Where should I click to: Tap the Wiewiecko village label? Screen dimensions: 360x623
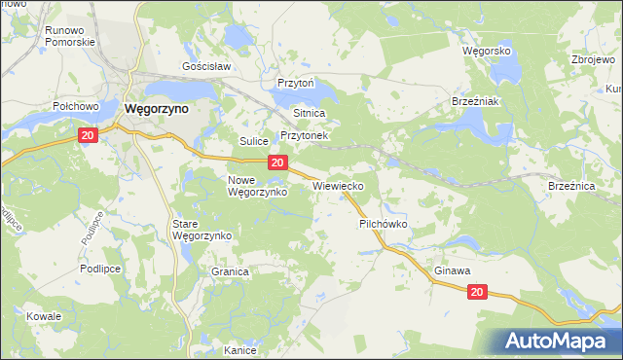[x=339, y=184]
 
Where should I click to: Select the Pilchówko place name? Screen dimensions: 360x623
[x=383, y=223]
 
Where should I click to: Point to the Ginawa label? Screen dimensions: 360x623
[x=453, y=270]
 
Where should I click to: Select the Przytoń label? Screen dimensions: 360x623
[x=296, y=84]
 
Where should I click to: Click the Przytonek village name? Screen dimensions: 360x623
[x=307, y=136]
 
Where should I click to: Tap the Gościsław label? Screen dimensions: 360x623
[x=205, y=67]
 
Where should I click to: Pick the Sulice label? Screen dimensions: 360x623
[x=254, y=141]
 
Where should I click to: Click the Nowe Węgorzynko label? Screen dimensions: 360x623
[x=256, y=186]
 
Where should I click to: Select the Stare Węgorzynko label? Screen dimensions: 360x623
[x=201, y=230]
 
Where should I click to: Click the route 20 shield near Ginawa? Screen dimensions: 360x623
[x=477, y=292]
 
